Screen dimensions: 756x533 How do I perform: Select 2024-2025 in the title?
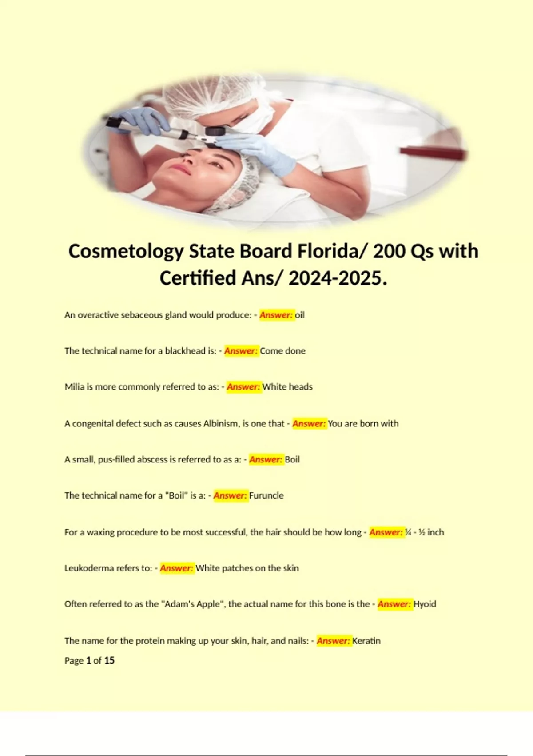click(x=335, y=278)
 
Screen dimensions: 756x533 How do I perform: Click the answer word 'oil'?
click(x=300, y=315)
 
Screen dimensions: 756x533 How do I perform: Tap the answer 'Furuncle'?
click(x=266, y=495)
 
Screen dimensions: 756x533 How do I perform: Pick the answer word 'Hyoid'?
click(x=425, y=604)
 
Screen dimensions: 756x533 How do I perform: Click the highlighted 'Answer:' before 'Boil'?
click(x=266, y=459)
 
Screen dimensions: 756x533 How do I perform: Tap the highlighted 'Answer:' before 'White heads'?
click(x=243, y=387)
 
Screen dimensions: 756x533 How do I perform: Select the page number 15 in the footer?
click(x=109, y=660)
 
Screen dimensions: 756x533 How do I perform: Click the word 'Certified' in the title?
click(x=198, y=278)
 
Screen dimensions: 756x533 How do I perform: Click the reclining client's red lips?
click(x=181, y=169)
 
